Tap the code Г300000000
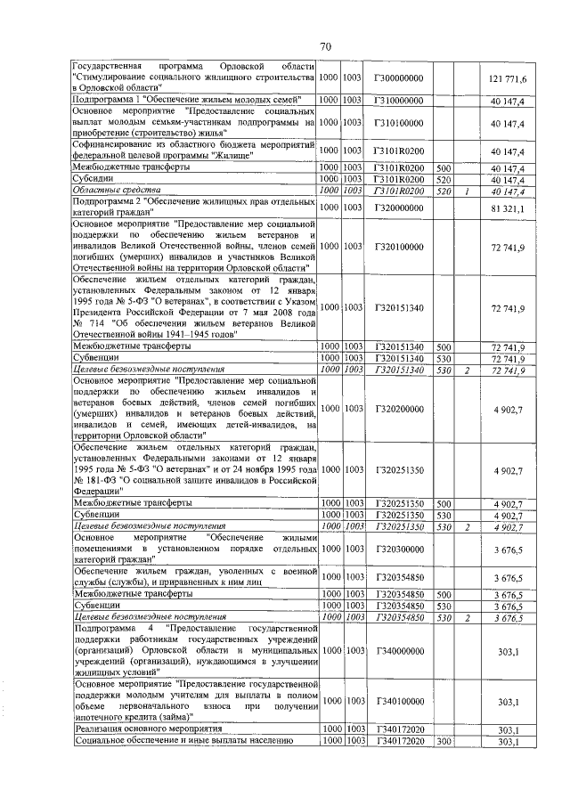pos(399,78)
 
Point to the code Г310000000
pos(399,102)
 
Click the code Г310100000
pos(399,123)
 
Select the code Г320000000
pos(399,208)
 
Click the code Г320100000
pos(399,246)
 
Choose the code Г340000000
pos(399,651)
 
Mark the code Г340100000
pos(399,702)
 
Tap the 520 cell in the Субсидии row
pos(444,179)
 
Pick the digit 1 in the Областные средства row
pos(466,191)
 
